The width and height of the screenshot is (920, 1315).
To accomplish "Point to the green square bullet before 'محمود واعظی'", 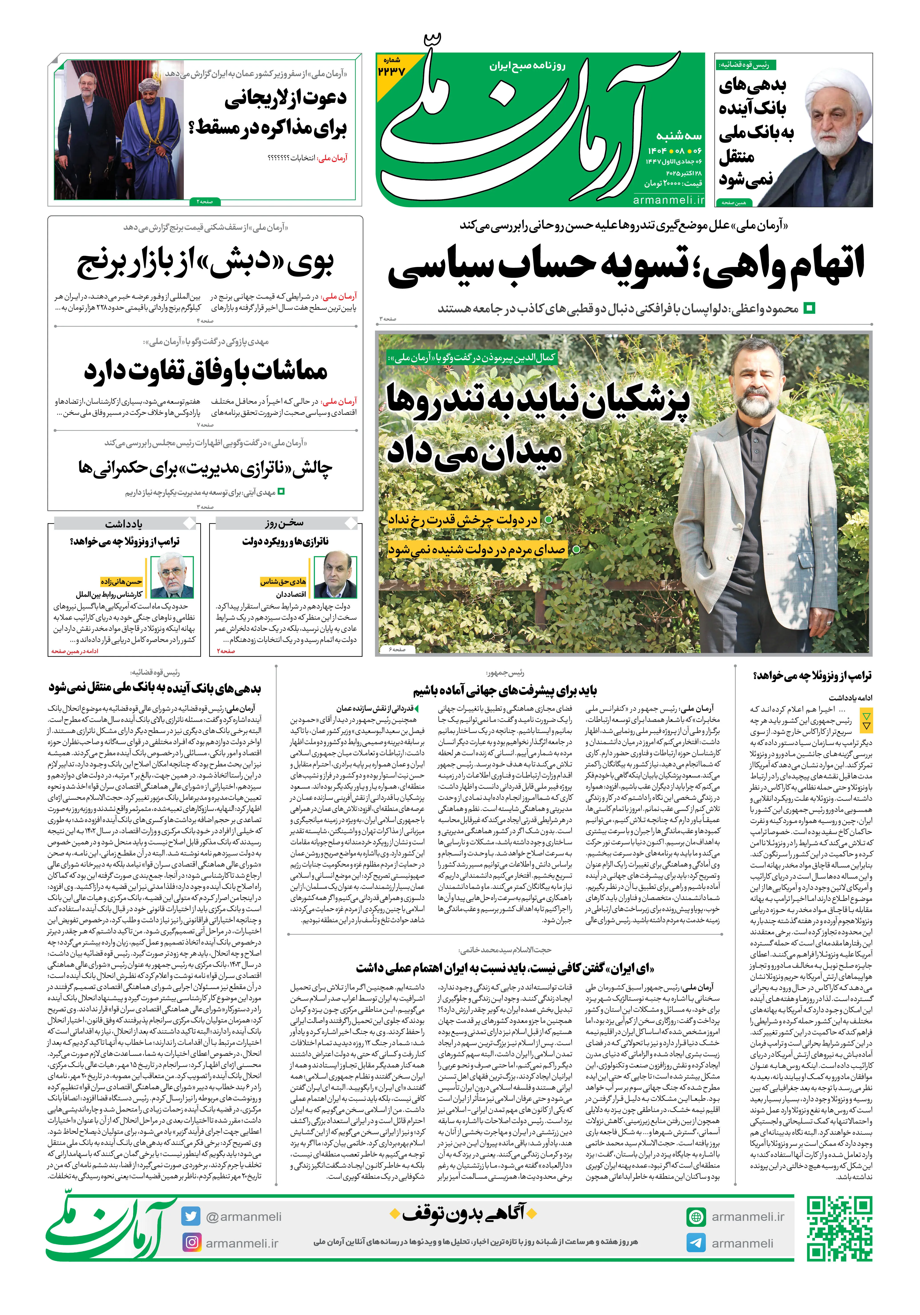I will (809, 308).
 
